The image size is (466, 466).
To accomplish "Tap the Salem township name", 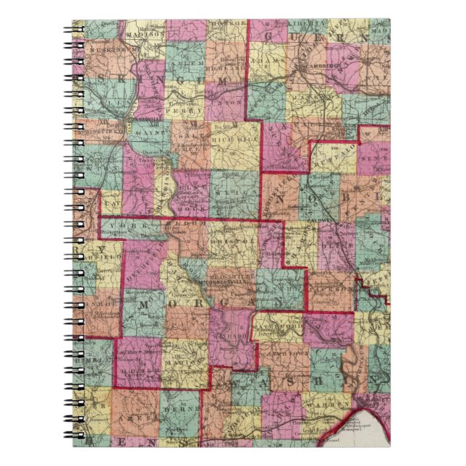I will click(182, 65).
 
